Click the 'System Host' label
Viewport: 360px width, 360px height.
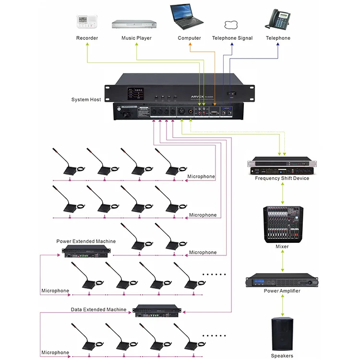pyautogui.click(x=86, y=100)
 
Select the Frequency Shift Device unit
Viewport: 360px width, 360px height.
pyautogui.click(x=282, y=166)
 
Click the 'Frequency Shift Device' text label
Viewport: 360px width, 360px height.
pyautogui.click(x=282, y=179)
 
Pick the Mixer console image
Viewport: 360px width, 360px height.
pyautogui.click(x=283, y=224)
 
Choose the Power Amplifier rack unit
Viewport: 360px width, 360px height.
pyautogui.click(x=282, y=281)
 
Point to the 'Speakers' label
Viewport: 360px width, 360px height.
pyautogui.click(x=282, y=356)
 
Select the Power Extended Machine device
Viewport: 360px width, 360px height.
pyautogui.click(x=87, y=252)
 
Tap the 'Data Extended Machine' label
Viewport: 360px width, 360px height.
pyautogui.click(x=98, y=310)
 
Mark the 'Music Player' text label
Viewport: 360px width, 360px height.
pyautogui.click(x=136, y=38)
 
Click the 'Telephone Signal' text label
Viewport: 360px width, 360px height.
pyautogui.click(x=232, y=38)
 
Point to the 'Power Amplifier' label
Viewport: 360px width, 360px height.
pyautogui.click(x=282, y=291)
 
